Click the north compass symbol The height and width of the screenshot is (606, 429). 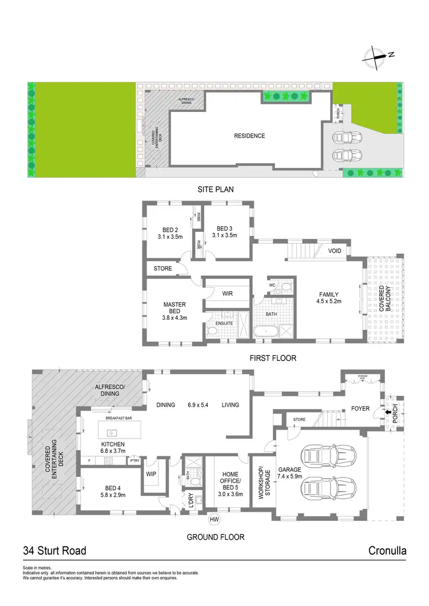coord(376,55)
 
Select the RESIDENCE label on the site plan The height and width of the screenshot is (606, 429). coord(249,136)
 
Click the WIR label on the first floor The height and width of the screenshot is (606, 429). coord(227,294)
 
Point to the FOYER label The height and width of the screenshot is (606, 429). coord(361,408)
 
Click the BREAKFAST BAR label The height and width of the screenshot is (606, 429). coord(119,419)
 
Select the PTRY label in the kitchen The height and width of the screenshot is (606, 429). coord(134,461)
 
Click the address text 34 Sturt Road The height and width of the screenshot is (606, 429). coord(54,551)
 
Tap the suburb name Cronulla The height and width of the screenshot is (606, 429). coord(388,551)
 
